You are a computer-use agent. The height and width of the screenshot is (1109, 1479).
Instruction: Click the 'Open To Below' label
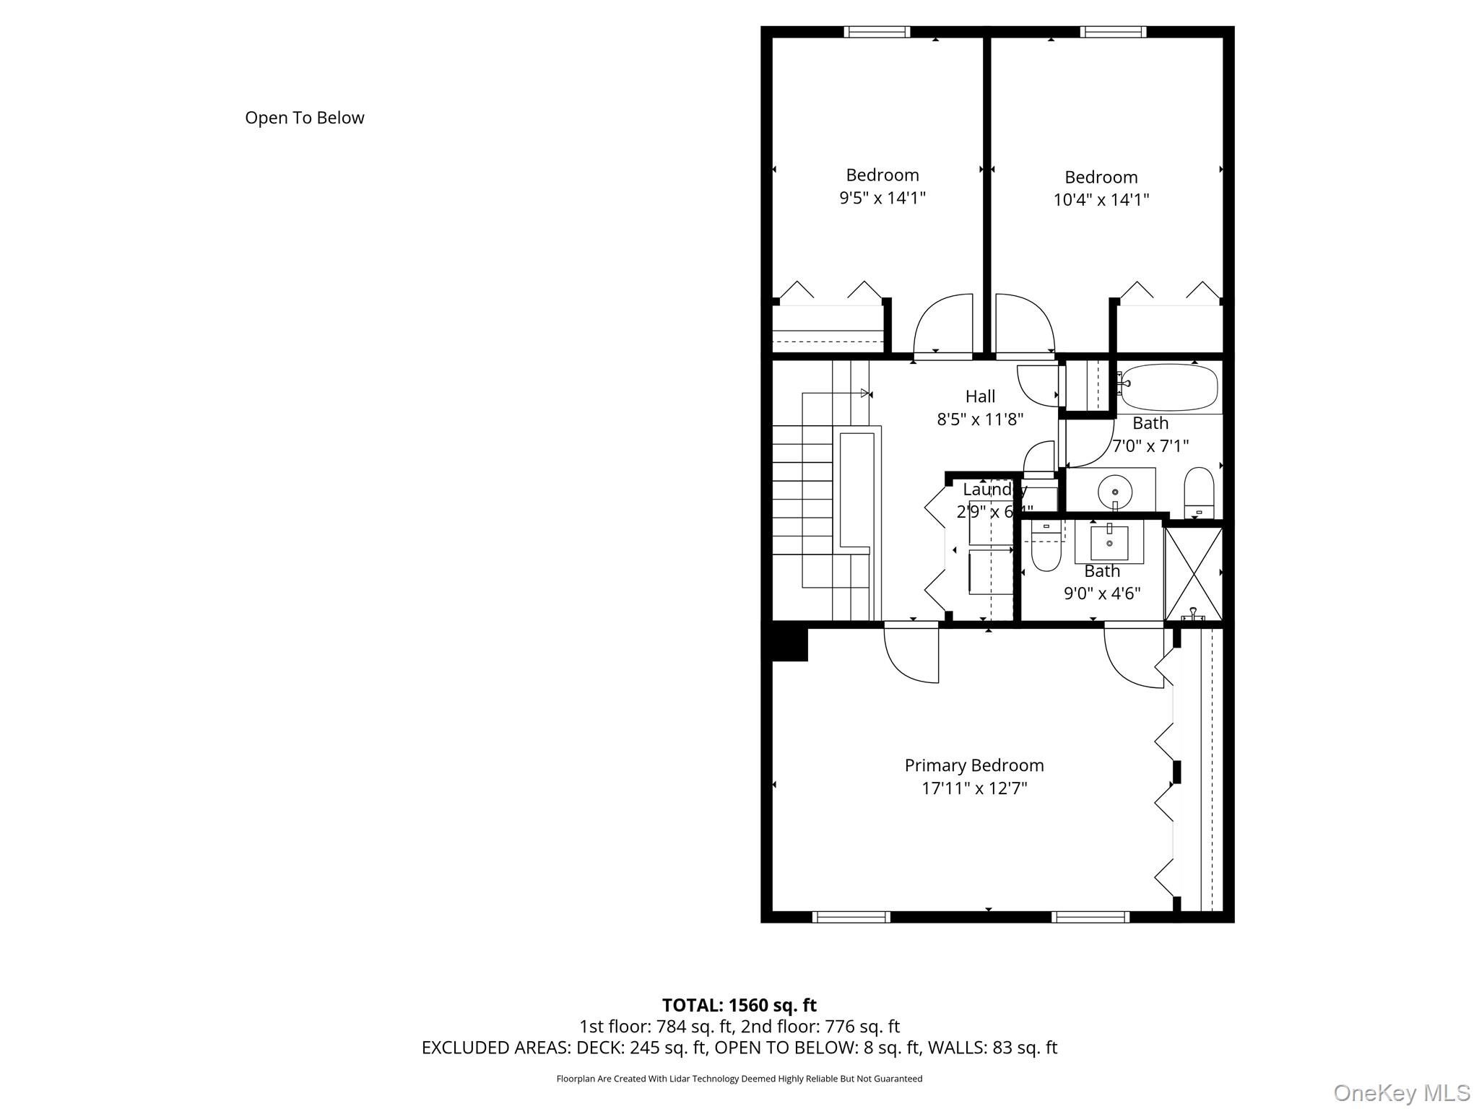coord(304,118)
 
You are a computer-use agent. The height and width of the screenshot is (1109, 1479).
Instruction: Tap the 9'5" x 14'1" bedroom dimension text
coord(882,198)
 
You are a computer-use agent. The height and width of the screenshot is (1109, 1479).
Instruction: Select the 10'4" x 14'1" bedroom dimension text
coord(1101,200)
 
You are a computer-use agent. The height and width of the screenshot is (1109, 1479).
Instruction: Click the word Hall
coord(980,396)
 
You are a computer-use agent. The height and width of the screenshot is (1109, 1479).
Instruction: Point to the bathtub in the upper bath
coord(1169,388)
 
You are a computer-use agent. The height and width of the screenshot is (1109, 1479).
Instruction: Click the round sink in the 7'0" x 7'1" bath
coord(1114,492)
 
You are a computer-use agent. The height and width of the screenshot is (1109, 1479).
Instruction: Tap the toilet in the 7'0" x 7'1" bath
coord(1199,492)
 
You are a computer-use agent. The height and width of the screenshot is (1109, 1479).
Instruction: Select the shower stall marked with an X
coord(1193,573)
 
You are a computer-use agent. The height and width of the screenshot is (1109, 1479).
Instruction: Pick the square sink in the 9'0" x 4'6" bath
coord(1109,543)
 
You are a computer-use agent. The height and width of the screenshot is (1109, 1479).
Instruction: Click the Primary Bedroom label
coord(973,765)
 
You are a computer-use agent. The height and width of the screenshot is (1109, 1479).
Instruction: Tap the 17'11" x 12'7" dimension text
coord(973,788)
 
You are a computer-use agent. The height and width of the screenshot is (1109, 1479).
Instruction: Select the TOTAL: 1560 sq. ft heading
coord(739,1005)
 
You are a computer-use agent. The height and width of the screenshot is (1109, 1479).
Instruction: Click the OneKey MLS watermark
coord(1401,1092)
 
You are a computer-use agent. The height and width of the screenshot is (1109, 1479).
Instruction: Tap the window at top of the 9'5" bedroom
coord(877,32)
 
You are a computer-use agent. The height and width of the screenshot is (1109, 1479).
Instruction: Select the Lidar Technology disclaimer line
coord(739,1079)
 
